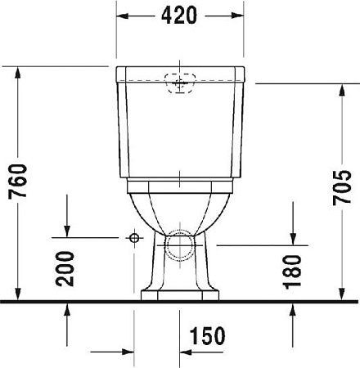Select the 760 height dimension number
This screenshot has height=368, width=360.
click(18, 185)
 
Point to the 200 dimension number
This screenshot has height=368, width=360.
click(67, 268)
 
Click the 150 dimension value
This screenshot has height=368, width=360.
click(206, 335)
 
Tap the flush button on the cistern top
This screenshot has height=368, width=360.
click(180, 82)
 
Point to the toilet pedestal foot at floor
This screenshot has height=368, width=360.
click(180, 294)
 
